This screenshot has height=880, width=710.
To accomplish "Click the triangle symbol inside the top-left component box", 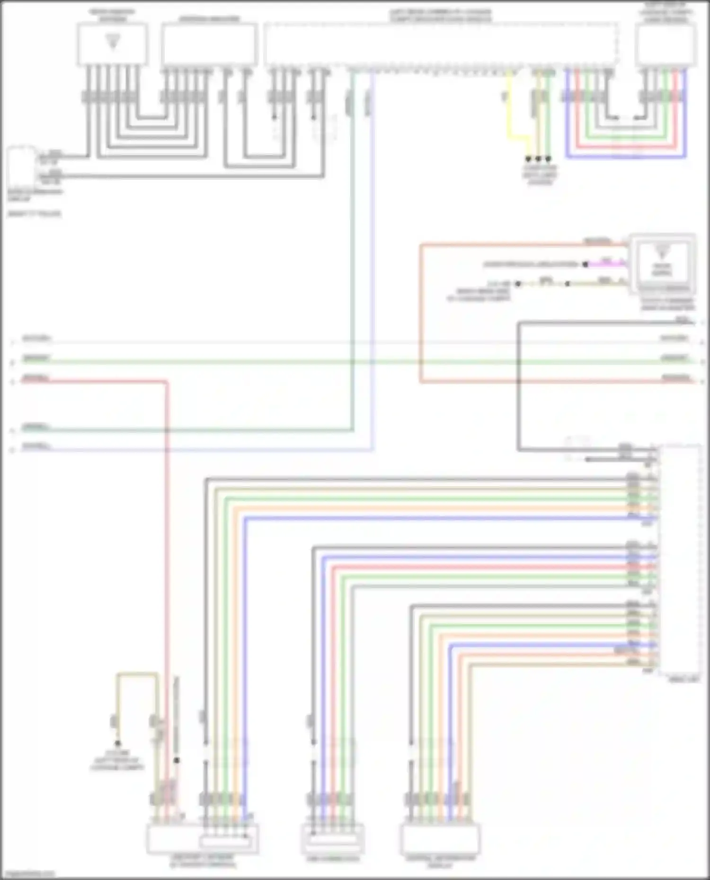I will click(113, 42).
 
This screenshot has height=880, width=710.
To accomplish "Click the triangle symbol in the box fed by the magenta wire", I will click(661, 251).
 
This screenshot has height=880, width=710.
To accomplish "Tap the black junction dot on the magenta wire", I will click(586, 264).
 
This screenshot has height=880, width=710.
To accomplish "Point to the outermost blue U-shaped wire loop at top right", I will click(625, 157).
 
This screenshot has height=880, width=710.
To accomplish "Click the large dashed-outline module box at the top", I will click(440, 44).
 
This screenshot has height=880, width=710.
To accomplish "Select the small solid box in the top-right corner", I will click(666, 44).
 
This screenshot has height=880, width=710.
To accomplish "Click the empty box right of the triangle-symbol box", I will click(209, 44).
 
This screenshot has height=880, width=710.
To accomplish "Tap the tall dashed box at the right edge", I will click(680, 560).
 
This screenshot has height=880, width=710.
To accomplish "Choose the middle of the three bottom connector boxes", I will click(333, 839).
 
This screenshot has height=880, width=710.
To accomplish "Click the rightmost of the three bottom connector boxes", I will click(440, 839).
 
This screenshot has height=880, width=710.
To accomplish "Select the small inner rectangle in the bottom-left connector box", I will click(225, 842).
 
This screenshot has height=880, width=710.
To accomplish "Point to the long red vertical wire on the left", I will click(167, 567).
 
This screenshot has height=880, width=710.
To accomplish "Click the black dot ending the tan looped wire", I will click(117, 744).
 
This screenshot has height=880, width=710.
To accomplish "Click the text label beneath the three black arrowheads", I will click(540, 175).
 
